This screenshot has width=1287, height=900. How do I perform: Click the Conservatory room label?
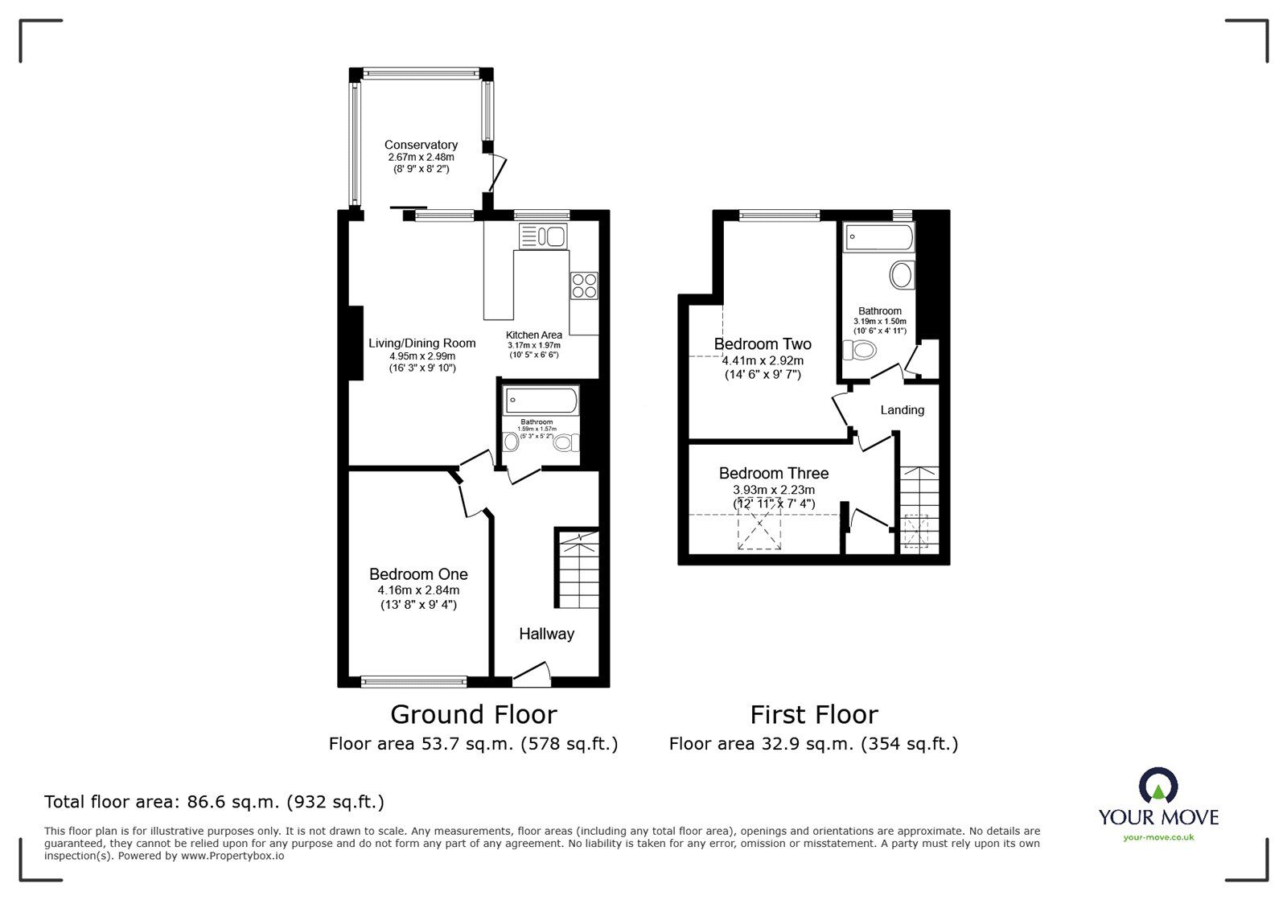click(x=421, y=145)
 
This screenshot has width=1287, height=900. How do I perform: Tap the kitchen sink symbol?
click(x=544, y=236)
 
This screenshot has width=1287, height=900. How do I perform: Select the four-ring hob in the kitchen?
click(x=584, y=286)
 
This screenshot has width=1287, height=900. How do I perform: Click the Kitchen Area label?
click(x=533, y=335)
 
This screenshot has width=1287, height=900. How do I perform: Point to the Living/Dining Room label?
click(x=421, y=343)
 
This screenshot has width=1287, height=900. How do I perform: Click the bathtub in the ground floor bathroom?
click(x=541, y=400)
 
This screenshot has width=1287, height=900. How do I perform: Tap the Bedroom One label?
click(x=418, y=574)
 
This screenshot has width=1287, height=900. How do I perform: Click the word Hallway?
click(x=546, y=634)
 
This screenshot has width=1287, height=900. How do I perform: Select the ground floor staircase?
click(x=577, y=568)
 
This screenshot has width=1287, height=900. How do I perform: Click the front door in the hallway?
click(x=531, y=676)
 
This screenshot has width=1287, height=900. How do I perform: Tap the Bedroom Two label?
click(x=763, y=344)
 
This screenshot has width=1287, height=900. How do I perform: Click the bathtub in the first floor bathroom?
click(x=879, y=237)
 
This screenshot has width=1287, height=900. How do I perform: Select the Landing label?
click(x=902, y=410)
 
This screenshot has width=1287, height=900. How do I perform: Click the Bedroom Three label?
click(x=773, y=473)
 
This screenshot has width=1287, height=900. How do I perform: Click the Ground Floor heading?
click(x=473, y=714)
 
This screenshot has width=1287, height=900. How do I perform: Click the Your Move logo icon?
click(x=1158, y=786)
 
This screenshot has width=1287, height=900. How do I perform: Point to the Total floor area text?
click(x=214, y=802)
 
